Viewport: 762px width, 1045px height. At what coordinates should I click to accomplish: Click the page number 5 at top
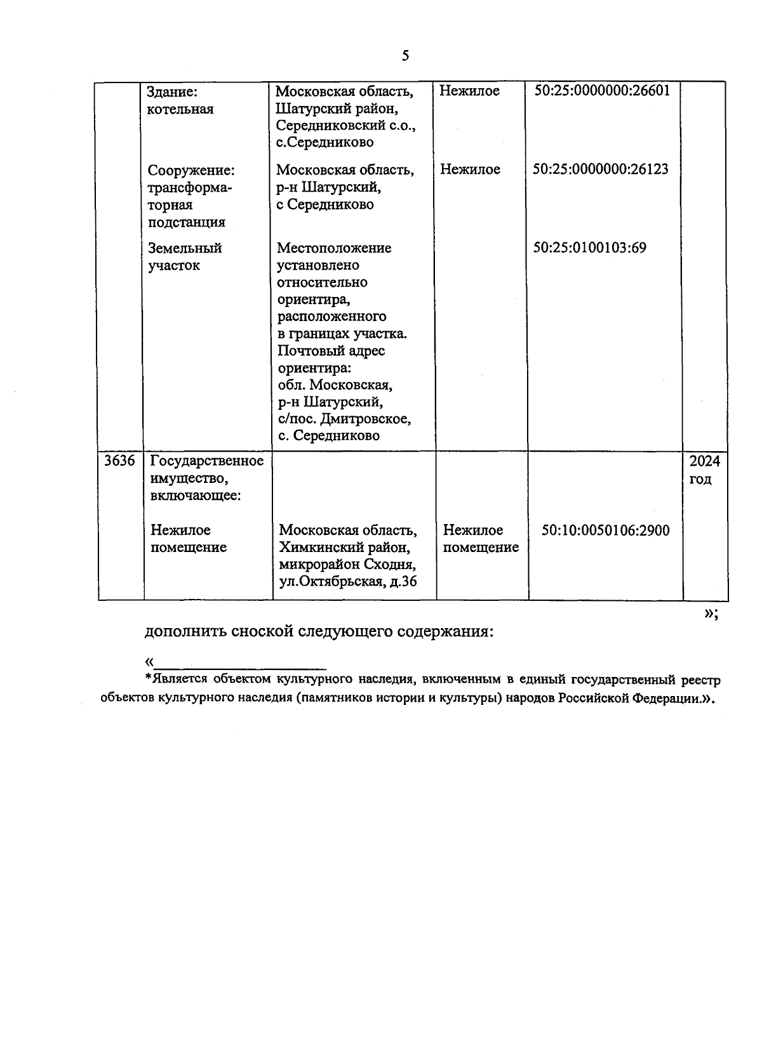(405, 56)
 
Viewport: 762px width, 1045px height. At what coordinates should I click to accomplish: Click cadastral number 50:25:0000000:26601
(602, 91)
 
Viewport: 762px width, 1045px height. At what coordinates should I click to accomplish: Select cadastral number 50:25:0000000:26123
(601, 169)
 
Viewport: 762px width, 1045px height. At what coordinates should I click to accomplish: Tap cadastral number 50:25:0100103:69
(589, 248)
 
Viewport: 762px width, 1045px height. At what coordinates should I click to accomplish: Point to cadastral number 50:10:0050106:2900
(605, 530)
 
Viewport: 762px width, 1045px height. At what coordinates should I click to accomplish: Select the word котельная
(180, 109)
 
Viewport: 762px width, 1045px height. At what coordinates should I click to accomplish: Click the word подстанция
(187, 222)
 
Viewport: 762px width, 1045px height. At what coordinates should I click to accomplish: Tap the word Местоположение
(334, 248)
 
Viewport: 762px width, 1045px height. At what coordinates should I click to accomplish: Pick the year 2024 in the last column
(705, 461)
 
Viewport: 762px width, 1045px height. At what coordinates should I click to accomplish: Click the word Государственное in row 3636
(207, 461)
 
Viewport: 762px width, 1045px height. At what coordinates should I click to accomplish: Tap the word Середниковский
(328, 126)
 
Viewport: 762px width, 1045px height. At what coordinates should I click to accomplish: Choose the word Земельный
(185, 248)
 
